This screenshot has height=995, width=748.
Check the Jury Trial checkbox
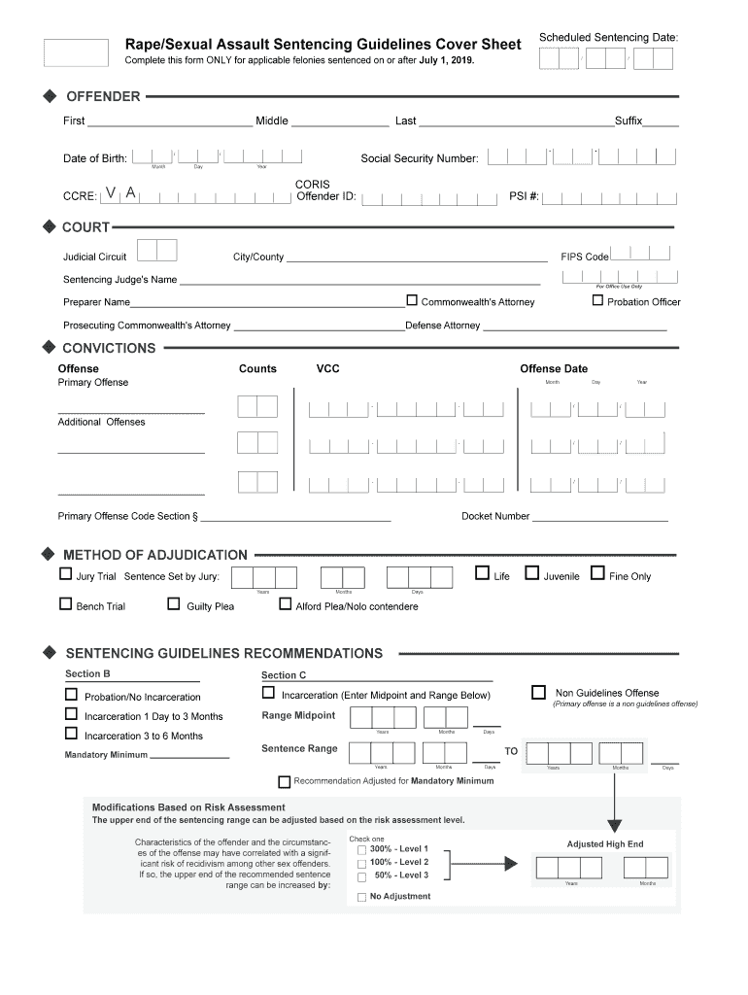tap(66, 574)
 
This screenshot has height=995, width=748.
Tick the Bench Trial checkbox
tap(66, 605)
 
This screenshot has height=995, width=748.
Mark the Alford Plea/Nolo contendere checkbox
tap(286, 604)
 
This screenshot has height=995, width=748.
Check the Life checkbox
tap(482, 573)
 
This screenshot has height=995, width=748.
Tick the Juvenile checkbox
tap(531, 573)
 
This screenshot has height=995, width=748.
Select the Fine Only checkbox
tap(597, 573)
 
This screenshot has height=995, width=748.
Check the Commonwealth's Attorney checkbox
tap(412, 300)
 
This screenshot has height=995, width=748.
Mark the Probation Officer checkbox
tap(598, 300)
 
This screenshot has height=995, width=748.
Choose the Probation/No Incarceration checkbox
tap(72, 695)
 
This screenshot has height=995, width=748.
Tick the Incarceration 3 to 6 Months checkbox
tap(72, 735)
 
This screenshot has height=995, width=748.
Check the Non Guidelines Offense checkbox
tap(538, 692)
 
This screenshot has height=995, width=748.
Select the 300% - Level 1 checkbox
tap(361, 850)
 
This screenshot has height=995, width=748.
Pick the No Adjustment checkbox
tap(361, 897)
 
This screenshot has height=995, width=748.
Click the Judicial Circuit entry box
tap(156, 251)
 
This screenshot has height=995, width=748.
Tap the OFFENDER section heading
tap(103, 96)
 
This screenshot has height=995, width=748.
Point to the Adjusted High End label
tap(605, 844)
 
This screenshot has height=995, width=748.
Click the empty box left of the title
tap(77, 53)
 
